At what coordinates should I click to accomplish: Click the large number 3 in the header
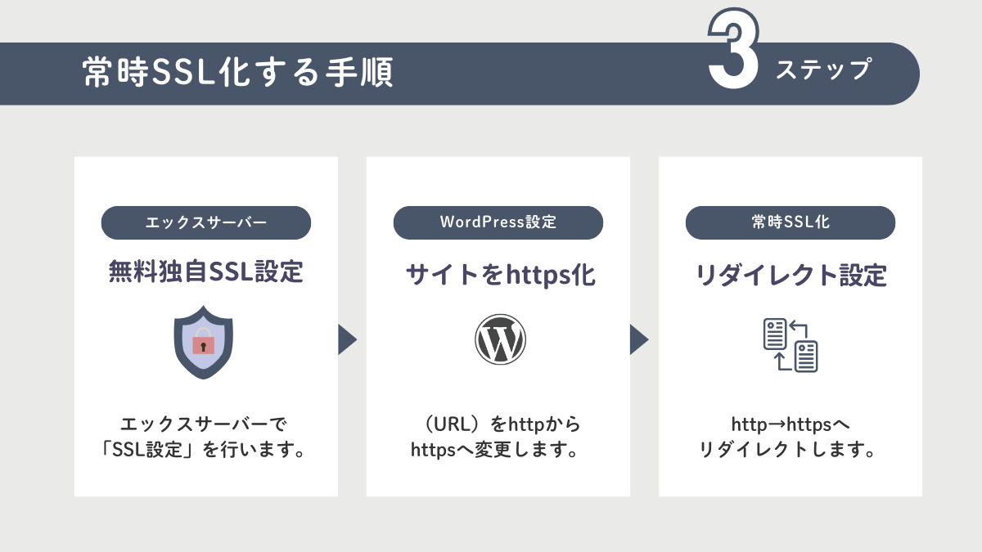coord(733,48)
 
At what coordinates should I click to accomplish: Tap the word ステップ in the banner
coord(824,70)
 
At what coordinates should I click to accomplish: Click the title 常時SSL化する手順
coord(237,72)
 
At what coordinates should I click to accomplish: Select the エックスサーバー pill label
coord(206,222)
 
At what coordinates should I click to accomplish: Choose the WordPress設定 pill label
coord(498,222)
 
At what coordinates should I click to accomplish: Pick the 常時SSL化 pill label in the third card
coord(791,222)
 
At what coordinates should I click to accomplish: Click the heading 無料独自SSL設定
coord(206,272)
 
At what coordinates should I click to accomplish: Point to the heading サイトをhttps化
coord(500,275)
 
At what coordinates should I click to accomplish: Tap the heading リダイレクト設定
coord(791,275)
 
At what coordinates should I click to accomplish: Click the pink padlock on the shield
coord(204,341)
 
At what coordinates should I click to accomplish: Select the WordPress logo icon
coord(500,339)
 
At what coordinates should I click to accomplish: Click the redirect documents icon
coord(791,345)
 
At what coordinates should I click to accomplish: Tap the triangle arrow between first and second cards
coord(346,339)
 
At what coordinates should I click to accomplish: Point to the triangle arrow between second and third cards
coord(638,339)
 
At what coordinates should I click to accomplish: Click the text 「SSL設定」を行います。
coord(204,450)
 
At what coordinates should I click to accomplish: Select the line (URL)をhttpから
coord(500,424)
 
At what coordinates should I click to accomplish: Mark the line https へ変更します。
coord(494,450)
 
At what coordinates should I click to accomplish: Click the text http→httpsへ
coord(791,424)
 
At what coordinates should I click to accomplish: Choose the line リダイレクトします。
coord(788,450)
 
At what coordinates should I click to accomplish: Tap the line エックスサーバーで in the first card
coord(204,424)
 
